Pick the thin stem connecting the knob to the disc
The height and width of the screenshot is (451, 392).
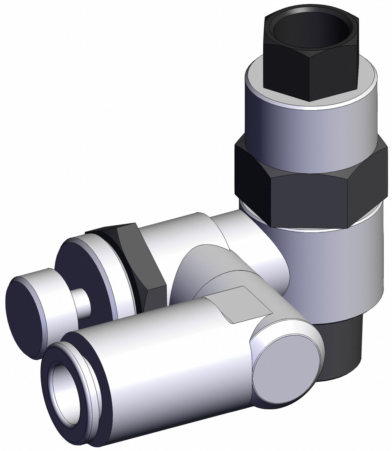coord(82,303)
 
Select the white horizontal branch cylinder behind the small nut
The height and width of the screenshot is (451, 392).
coord(180,234)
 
